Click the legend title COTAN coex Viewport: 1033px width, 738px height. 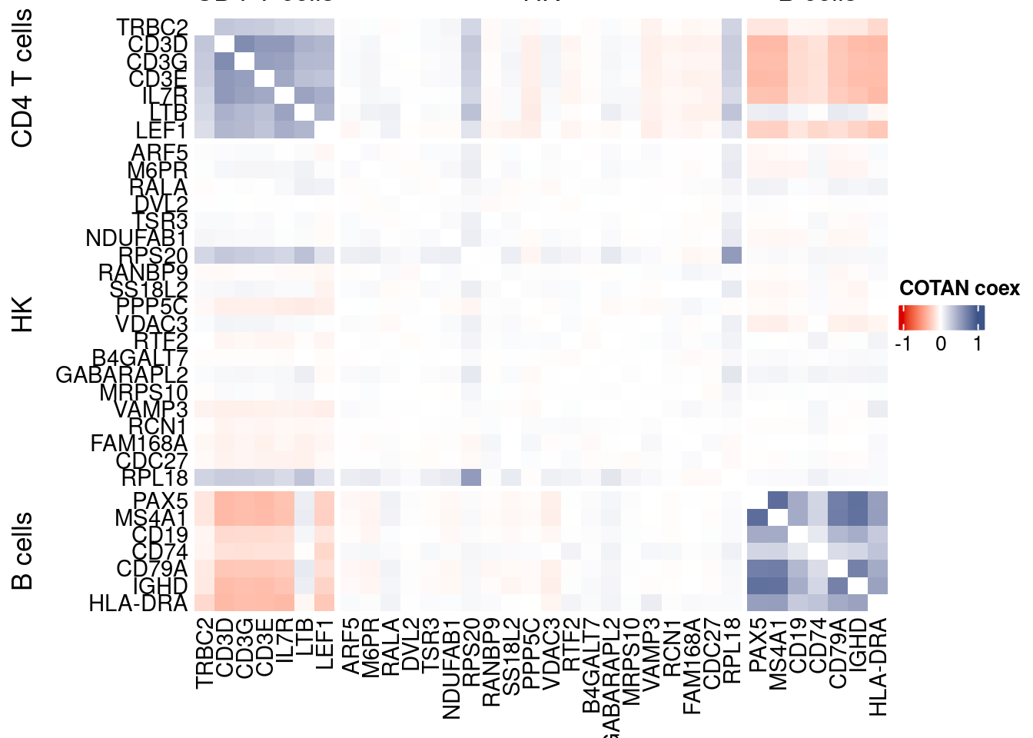[959, 288]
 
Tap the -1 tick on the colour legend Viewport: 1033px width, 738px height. [903, 344]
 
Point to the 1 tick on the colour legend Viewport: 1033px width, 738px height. [978, 344]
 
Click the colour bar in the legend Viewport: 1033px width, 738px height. [941, 317]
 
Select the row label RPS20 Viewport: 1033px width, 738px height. [154, 256]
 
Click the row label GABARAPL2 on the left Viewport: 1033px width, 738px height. [122, 375]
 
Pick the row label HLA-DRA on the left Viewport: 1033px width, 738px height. [138, 603]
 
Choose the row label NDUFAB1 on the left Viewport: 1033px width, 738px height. [137, 238]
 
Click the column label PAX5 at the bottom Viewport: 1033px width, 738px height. [757, 646]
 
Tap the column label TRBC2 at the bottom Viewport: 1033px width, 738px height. [204, 653]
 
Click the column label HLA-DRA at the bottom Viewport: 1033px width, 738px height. [878, 666]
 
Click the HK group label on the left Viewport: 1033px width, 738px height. [23, 314]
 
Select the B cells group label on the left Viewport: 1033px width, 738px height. [23, 550]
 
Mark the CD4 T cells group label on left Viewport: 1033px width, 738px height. [23, 78]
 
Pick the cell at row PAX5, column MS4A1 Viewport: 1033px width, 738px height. [777, 500]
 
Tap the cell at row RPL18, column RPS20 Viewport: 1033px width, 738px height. [471, 477]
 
